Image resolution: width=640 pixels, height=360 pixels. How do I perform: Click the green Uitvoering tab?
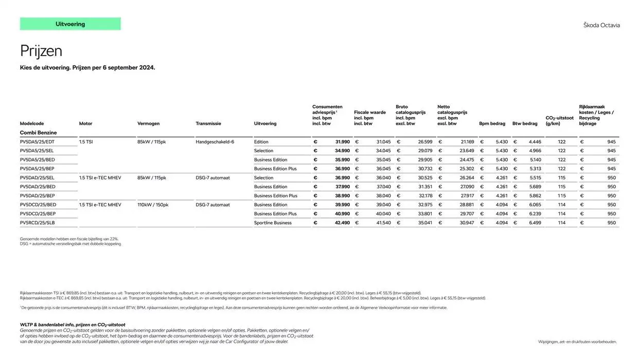(70, 24)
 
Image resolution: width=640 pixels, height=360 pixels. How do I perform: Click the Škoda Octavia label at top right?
(601, 25)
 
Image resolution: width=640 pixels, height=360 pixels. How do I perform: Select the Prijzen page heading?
(41, 51)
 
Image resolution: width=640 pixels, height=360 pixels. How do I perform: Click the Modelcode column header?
(32, 123)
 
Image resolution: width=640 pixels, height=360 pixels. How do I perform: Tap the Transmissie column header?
(208, 123)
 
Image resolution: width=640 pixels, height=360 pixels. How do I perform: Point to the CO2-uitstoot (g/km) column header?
(559, 121)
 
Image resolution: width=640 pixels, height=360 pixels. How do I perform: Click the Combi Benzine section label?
(39, 133)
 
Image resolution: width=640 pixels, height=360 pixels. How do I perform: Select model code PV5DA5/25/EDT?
(37, 142)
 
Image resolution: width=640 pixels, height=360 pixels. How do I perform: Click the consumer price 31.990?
(342, 142)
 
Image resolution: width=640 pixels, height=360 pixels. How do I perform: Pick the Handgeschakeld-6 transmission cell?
(215, 142)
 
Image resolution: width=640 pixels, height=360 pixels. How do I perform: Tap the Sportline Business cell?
(273, 223)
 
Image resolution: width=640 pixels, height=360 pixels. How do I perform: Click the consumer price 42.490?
(342, 223)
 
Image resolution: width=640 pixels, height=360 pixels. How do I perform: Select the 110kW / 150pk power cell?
(153, 205)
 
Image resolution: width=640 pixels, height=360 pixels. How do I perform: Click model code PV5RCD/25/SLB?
(37, 223)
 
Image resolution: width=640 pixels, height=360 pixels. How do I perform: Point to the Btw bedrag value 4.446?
(535, 142)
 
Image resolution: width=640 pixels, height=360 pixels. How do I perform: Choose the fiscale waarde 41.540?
(383, 223)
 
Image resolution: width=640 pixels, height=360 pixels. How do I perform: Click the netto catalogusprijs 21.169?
(467, 142)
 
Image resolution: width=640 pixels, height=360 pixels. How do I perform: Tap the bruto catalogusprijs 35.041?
(425, 223)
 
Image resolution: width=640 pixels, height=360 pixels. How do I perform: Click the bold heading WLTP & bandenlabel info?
(73, 325)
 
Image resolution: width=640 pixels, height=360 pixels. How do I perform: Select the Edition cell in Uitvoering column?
(261, 142)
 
